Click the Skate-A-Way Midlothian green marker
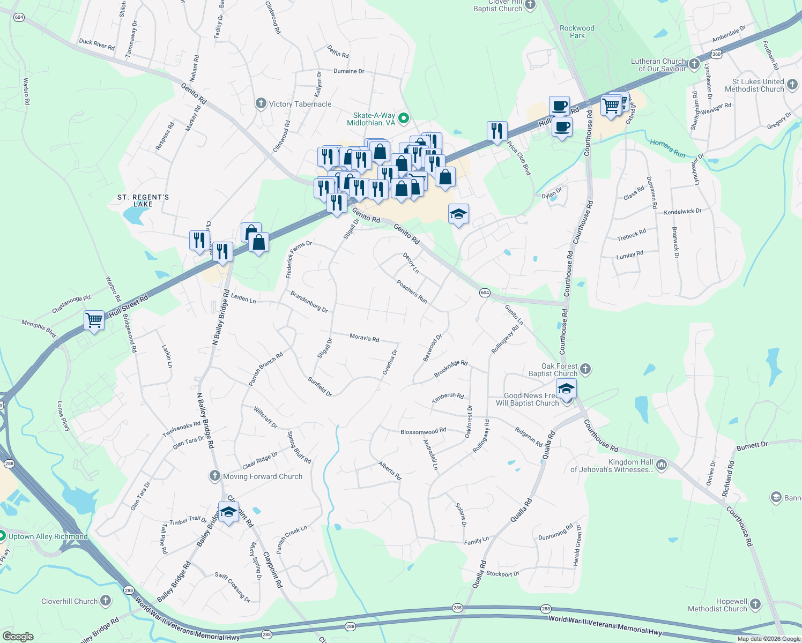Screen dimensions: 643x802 pyautogui.click(x=405, y=118)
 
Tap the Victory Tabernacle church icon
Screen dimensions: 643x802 pyautogui.click(x=261, y=103)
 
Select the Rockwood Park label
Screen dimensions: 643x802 pyautogui.click(x=577, y=32)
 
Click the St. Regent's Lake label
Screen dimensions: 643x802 pyautogui.click(x=143, y=200)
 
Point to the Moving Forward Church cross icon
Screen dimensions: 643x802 pyautogui.click(x=214, y=476)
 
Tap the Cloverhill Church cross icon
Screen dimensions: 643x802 pyautogui.click(x=106, y=601)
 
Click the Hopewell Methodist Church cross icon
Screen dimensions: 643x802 pyautogui.click(x=755, y=604)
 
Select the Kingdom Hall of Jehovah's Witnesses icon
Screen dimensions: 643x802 pyautogui.click(x=662, y=465)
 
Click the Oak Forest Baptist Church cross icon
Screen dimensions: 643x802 pyautogui.click(x=585, y=369)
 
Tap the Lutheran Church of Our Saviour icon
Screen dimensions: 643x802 pyautogui.click(x=694, y=64)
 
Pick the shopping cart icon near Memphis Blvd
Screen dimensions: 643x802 pyautogui.click(x=94, y=321)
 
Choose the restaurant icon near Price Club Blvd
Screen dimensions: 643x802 pyautogui.click(x=497, y=131)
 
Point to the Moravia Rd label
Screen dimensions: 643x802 pyautogui.click(x=364, y=338)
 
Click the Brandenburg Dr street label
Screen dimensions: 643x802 pyautogui.click(x=309, y=302)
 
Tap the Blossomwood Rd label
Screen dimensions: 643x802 pyautogui.click(x=423, y=431)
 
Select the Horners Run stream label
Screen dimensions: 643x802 pyautogui.click(x=667, y=148)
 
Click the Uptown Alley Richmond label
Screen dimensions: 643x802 pyautogui.click(x=48, y=536)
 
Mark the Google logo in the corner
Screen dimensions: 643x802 pyautogui.click(x=18, y=637)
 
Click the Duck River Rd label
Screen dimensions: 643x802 pyautogui.click(x=96, y=44)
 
